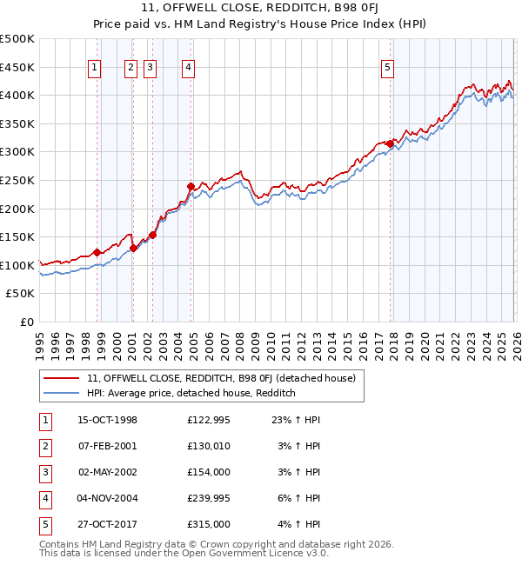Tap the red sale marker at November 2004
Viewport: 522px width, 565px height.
pos(191,186)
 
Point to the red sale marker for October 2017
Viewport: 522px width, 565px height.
pos(389,143)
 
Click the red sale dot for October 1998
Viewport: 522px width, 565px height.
pos(97,252)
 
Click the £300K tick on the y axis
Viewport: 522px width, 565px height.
pos(18,152)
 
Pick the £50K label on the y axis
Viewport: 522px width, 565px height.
pos(21,294)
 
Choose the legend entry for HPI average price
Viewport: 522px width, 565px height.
pos(191,394)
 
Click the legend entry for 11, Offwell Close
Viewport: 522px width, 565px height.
pos(221,378)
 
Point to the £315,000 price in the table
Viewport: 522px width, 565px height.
pos(209,524)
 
